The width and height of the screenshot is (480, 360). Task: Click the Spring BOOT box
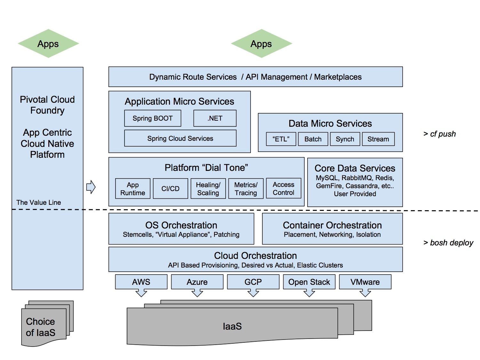pyautogui.click(x=153, y=118)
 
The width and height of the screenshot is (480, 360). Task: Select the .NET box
pyautogui.click(x=215, y=118)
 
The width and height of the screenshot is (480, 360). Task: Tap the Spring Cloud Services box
pyautogui.click(x=180, y=138)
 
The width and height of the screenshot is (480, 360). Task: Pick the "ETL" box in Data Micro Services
pyautogui.click(x=281, y=139)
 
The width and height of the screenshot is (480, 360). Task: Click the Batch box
pyautogui.click(x=313, y=139)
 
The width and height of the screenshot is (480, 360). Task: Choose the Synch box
pyautogui.click(x=345, y=139)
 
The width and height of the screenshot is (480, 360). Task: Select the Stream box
pyautogui.click(x=378, y=139)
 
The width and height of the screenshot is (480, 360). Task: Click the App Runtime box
pyautogui.click(x=133, y=189)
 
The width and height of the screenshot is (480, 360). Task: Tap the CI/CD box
pyautogui.click(x=170, y=189)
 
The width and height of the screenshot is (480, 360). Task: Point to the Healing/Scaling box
pyautogui.click(x=208, y=189)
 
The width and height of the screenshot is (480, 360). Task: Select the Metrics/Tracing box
pyautogui.click(x=246, y=189)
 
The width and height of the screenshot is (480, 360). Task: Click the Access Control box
pyautogui.click(x=284, y=188)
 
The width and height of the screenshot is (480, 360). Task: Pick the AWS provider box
pyautogui.click(x=141, y=282)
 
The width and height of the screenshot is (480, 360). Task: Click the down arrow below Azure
pyautogui.click(x=197, y=293)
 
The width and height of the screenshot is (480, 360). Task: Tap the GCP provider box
pyautogui.click(x=253, y=282)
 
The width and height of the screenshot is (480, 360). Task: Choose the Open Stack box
pyautogui.click(x=309, y=282)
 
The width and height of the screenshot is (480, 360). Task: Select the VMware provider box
pyautogui.click(x=365, y=282)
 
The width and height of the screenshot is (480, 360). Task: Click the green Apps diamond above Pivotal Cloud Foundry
pyautogui.click(x=48, y=44)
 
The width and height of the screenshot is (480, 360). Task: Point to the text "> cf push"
pyautogui.click(x=439, y=134)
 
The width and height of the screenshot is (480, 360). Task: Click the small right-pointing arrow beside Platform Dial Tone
pyautogui.click(x=91, y=187)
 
